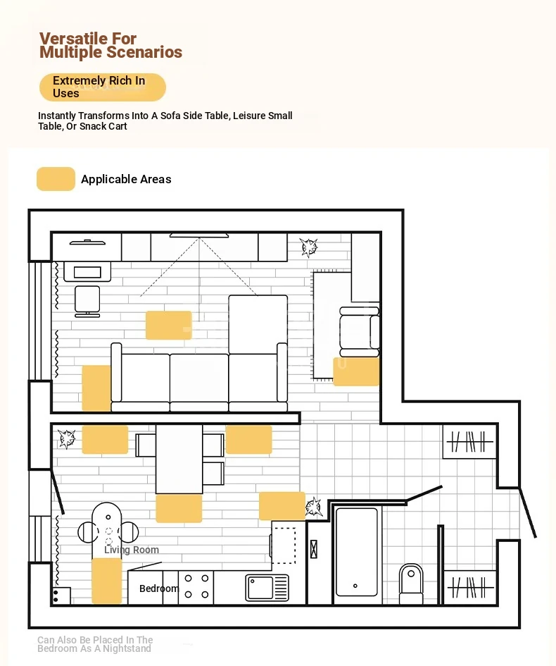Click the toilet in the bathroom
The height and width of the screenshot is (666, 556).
coord(411,583)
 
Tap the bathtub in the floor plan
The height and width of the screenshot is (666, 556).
coord(356,552)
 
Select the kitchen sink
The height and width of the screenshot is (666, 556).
coord(267,588)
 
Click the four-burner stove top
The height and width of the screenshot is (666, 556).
coord(196,586)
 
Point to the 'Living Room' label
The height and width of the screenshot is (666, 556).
coord(132,550)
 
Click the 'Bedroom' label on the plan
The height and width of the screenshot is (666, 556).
coord(159,588)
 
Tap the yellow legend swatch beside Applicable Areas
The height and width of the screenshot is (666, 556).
coord(56,179)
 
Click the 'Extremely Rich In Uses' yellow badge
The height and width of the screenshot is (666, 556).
coord(103,87)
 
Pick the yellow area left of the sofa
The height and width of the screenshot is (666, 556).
coord(96,388)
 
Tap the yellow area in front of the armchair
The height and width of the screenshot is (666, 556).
coord(356,371)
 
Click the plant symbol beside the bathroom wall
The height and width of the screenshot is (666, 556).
coord(314,507)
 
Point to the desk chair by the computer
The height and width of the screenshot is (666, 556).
coord(87,301)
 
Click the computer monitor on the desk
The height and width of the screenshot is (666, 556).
coord(87,272)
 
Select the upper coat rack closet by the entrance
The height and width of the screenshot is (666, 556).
coord(469,442)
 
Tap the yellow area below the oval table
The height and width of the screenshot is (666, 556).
coord(107,581)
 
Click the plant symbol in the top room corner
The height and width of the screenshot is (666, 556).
coord(308,247)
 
